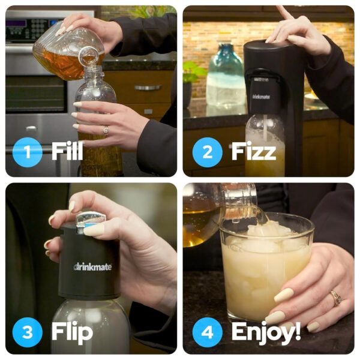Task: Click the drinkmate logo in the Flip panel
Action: coord(92,266)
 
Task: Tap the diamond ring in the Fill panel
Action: coord(106,130)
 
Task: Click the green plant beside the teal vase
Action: coord(193,73)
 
